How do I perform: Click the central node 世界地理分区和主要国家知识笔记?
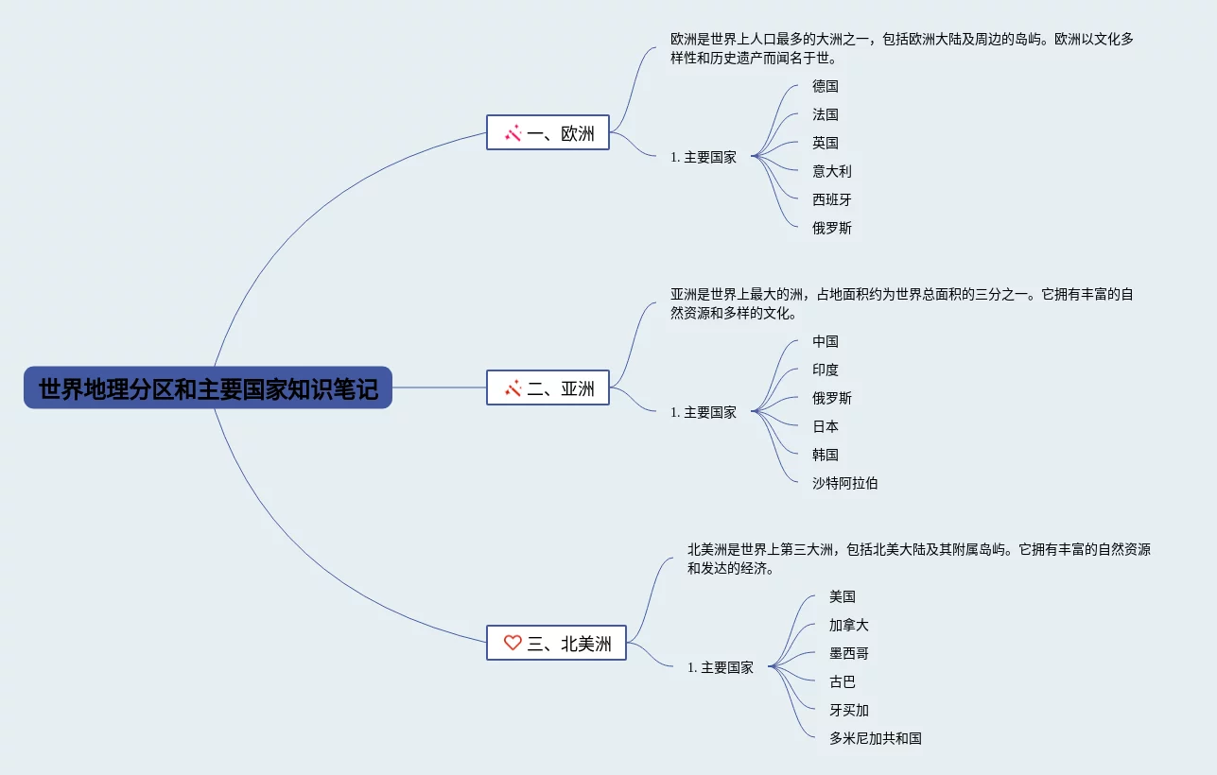point(208,388)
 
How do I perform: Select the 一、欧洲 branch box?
point(548,133)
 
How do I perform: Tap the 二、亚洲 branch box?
point(548,387)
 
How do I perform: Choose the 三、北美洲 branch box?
point(556,643)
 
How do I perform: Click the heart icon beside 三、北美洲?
point(513,643)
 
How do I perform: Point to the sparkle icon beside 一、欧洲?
point(513,133)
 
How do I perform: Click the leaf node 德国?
point(826,86)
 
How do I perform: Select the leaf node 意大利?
point(832,171)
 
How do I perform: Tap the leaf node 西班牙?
point(832,199)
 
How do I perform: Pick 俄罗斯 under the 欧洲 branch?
point(832,228)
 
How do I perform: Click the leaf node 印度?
point(826,370)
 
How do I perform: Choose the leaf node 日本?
point(826,426)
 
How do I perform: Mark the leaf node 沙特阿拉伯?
point(845,483)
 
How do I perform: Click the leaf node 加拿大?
point(849,625)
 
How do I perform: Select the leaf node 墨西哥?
point(849,653)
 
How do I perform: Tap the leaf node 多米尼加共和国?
point(876,738)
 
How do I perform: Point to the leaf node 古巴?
point(843,681)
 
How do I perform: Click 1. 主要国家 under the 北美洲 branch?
point(721,667)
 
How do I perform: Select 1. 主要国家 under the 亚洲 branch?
point(704,412)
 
